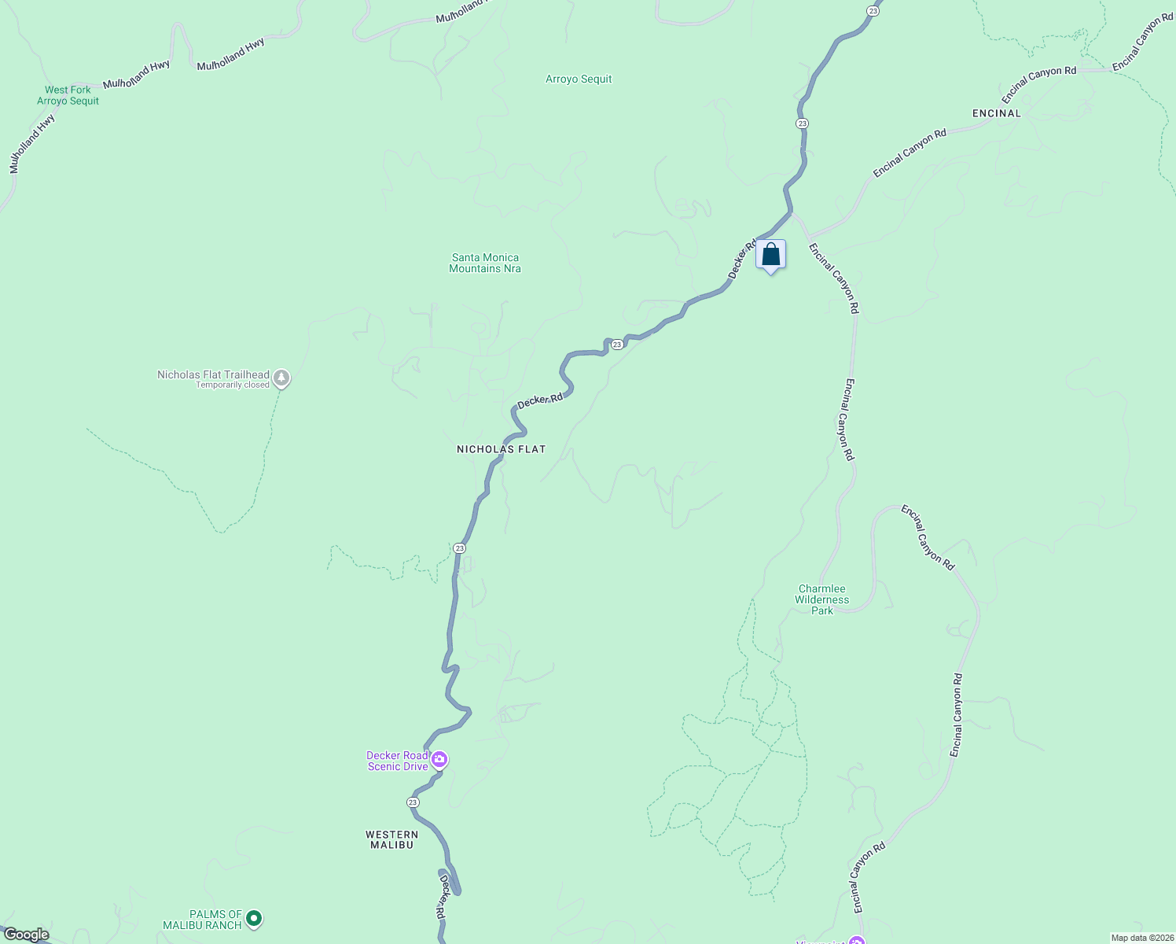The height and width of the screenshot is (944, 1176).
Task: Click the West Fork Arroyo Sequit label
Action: [68, 95]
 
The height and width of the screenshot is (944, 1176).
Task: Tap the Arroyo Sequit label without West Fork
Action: [579, 79]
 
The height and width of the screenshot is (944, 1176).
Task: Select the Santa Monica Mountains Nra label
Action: [485, 263]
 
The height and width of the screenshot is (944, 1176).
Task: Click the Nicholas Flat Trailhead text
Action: [213, 375]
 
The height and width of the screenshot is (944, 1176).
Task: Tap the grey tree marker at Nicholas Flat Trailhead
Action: [281, 378]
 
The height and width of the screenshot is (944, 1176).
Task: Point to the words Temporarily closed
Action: [233, 385]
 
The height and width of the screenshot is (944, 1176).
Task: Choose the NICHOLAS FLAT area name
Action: [501, 449]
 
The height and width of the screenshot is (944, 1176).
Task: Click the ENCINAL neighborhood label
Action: [996, 113]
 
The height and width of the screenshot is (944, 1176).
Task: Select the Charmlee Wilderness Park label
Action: [822, 599]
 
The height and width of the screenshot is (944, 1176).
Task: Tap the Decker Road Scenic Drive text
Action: [398, 761]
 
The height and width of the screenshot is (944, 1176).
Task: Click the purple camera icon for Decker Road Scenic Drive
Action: [439, 760]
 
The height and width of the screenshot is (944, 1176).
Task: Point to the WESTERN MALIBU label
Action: [391, 839]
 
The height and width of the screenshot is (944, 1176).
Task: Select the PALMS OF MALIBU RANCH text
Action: [202, 920]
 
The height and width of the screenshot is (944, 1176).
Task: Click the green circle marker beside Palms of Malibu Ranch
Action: [253, 918]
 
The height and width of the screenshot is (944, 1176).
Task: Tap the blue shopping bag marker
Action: [770, 255]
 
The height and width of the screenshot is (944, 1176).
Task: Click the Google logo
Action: [26, 935]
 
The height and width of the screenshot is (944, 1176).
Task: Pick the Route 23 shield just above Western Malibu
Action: [413, 802]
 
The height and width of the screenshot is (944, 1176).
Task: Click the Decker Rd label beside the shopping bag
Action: [741, 259]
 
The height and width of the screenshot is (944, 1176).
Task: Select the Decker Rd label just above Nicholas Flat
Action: [540, 400]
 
